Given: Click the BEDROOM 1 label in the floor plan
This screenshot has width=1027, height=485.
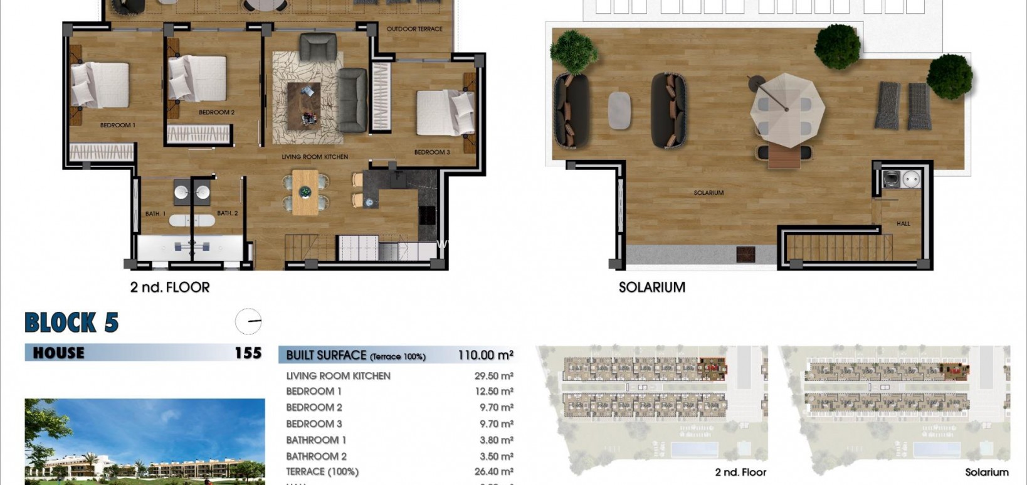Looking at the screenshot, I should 117,125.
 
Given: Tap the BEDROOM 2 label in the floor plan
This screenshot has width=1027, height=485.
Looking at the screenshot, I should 216,112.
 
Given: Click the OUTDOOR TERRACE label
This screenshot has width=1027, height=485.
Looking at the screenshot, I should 414,29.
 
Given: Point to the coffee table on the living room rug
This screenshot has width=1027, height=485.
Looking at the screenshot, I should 304,105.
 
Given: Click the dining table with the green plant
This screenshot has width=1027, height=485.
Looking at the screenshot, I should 305,192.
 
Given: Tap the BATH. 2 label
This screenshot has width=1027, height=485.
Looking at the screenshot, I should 228,213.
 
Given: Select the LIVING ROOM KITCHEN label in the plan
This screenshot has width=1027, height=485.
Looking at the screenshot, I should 315,157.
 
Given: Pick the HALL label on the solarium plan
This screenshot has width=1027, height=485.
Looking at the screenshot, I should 903,223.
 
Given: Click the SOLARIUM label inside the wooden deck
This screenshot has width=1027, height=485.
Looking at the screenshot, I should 708,193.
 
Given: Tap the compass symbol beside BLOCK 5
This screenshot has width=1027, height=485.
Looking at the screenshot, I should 248,321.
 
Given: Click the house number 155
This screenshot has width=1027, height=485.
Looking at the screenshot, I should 248,353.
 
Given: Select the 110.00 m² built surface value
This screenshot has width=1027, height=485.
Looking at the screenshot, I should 485,355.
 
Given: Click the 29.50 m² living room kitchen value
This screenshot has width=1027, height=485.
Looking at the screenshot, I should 493,376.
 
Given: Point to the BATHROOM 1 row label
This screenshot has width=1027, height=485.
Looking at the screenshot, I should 316,440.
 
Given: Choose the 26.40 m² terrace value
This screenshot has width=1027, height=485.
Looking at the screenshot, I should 493,471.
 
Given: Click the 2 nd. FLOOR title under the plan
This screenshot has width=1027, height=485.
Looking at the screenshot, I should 169,287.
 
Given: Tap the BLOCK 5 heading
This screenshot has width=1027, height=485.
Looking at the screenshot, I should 71,322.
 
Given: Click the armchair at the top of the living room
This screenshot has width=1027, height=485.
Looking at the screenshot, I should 318,47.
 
